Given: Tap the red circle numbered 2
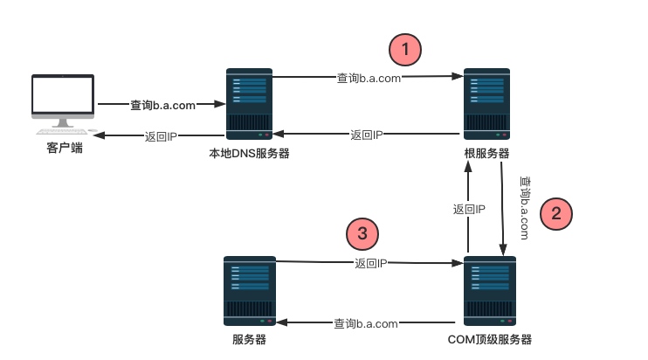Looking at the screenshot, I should (x=555, y=213).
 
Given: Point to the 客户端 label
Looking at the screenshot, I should (x=65, y=149).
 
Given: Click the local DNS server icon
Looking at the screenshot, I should (x=249, y=104).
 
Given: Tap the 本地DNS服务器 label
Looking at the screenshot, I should (x=249, y=154).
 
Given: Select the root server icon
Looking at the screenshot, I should (x=487, y=104).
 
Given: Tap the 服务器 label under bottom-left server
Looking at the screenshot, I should (x=249, y=340).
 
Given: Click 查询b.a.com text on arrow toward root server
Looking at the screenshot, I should (x=369, y=78).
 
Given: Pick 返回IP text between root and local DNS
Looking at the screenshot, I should (x=367, y=135).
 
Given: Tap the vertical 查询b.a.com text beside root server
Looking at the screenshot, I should (x=524, y=208).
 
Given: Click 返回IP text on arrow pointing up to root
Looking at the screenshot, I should (x=469, y=210).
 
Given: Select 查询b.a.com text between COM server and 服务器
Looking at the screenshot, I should (x=367, y=324).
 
